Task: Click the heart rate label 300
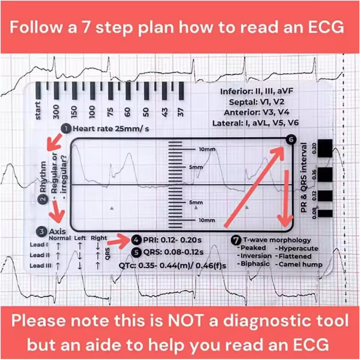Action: pyautogui.click(x=56, y=111)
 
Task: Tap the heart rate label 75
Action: pyautogui.click(x=110, y=111)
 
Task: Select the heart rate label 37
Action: pyautogui.click(x=181, y=111)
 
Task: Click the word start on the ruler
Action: pyautogui.click(x=38, y=111)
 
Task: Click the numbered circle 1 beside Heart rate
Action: pyautogui.click(x=67, y=129)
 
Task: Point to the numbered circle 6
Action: pyautogui.click(x=291, y=140)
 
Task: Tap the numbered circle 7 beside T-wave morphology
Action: pyautogui.click(x=236, y=240)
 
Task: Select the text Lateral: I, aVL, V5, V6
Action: pyautogui.click(x=255, y=123)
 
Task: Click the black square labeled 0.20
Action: pyautogui.click(x=325, y=148)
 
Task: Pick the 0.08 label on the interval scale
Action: pyautogui.click(x=314, y=213)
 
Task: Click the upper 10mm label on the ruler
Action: pyautogui.click(x=207, y=149)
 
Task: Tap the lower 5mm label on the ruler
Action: pyautogui.click(x=196, y=202)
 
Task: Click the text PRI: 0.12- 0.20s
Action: pyautogui.click(x=172, y=240)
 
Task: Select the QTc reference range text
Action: pyautogui.click(x=172, y=265)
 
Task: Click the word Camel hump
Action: pyautogui.click(x=300, y=264)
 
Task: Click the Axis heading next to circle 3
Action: pyautogui.click(x=58, y=231)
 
